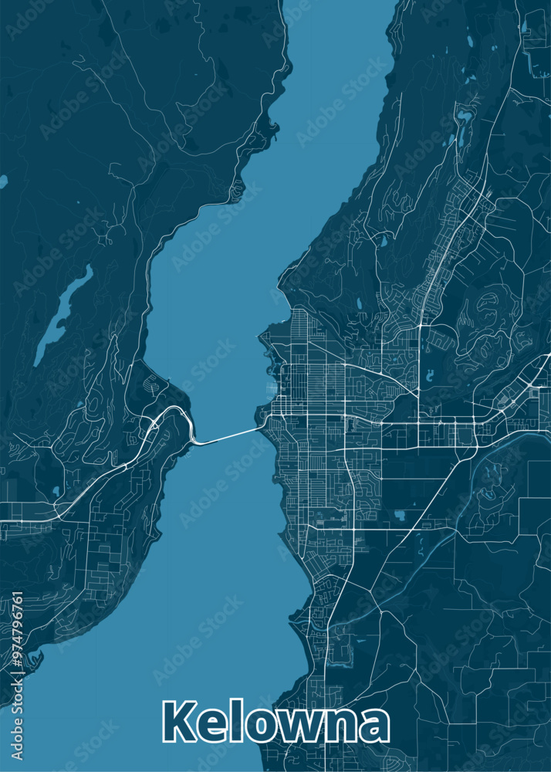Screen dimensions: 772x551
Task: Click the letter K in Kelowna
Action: [179, 723]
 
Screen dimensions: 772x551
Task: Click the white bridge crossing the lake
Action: [228, 437]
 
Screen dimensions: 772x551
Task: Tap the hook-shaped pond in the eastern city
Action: [430, 377]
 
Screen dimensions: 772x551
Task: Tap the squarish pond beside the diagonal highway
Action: [401, 514]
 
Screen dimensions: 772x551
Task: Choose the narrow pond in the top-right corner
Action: [524, 26]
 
